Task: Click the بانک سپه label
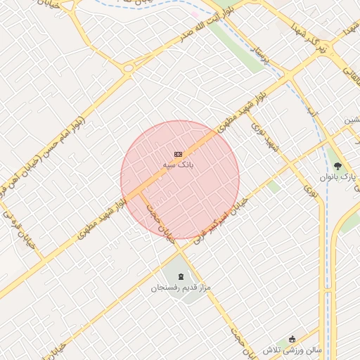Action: click(178, 165)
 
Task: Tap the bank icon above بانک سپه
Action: click(178, 154)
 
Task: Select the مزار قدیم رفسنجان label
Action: click(181, 288)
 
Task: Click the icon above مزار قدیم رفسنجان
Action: click(181, 276)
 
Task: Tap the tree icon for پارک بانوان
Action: click(338, 166)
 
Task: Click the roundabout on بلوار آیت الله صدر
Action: click(128, 68)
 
